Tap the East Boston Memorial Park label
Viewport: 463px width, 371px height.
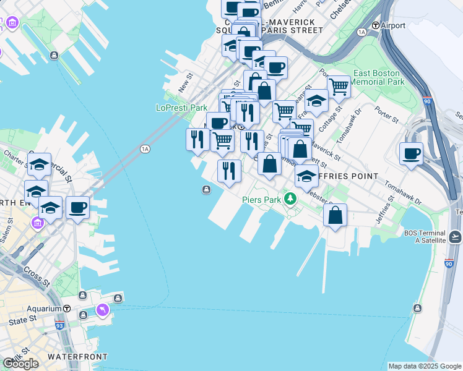[378, 77]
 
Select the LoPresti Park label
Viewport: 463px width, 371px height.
[181, 108]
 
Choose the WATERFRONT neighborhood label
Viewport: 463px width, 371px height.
[77, 357]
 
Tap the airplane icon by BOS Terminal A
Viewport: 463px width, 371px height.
[455, 236]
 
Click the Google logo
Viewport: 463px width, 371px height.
[20, 364]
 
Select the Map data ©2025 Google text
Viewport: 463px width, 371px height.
[424, 366]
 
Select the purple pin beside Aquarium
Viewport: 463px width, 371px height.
[102, 309]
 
